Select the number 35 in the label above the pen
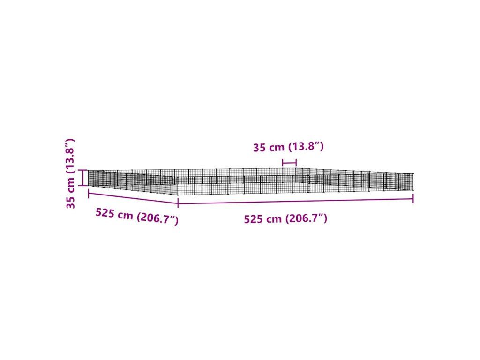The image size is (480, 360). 260,148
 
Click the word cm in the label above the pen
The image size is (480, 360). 277,149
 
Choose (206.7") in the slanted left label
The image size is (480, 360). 157,218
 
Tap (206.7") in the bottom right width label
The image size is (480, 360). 306,218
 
